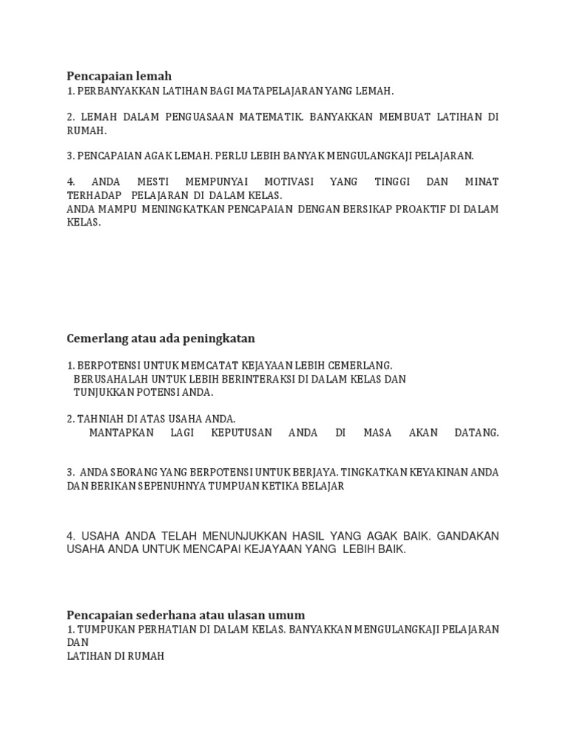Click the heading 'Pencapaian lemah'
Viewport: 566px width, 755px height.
(119, 76)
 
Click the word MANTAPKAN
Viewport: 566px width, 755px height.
(121, 433)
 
